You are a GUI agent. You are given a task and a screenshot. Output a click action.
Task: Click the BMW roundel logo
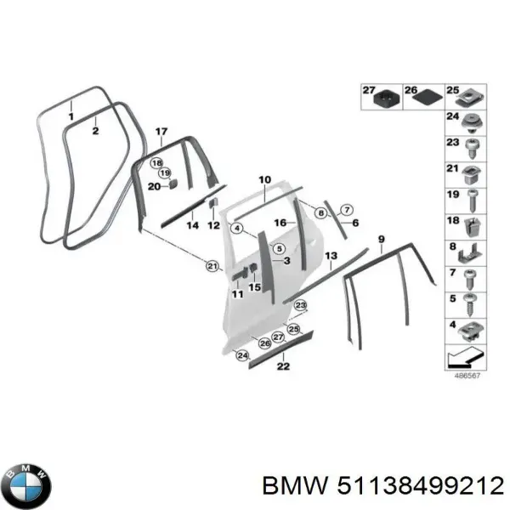click(x=29, y=486)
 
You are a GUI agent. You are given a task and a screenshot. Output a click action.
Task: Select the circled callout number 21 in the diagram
click(x=212, y=267)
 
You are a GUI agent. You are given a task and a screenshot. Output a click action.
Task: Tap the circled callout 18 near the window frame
click(x=156, y=163)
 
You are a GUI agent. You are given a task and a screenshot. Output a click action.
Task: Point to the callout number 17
click(x=161, y=132)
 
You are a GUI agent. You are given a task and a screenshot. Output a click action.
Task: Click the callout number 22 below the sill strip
click(x=283, y=366)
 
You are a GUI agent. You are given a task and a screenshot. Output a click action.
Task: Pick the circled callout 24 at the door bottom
click(x=242, y=355)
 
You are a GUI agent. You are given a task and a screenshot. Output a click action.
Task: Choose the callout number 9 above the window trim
click(x=381, y=240)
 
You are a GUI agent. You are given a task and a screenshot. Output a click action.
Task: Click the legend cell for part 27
click(x=382, y=97)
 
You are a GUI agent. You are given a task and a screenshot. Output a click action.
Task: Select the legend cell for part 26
click(x=424, y=97)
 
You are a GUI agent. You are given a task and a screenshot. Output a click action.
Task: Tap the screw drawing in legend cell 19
click(x=472, y=201)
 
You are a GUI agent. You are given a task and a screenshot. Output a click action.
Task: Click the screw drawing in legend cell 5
click(x=470, y=305)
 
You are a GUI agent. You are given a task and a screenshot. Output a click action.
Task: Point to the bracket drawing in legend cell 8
click(x=470, y=253)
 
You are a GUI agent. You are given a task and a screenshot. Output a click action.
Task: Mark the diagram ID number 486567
click(x=467, y=376)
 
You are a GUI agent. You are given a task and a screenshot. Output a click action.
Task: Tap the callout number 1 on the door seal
click(x=71, y=116)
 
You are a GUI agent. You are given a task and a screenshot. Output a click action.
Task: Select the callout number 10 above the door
click(x=264, y=179)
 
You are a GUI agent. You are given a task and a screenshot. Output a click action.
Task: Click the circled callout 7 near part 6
click(x=347, y=210)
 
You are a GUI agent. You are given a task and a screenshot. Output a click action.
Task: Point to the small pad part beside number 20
click(x=173, y=184)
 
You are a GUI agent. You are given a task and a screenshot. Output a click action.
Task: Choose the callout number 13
click(x=331, y=256)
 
